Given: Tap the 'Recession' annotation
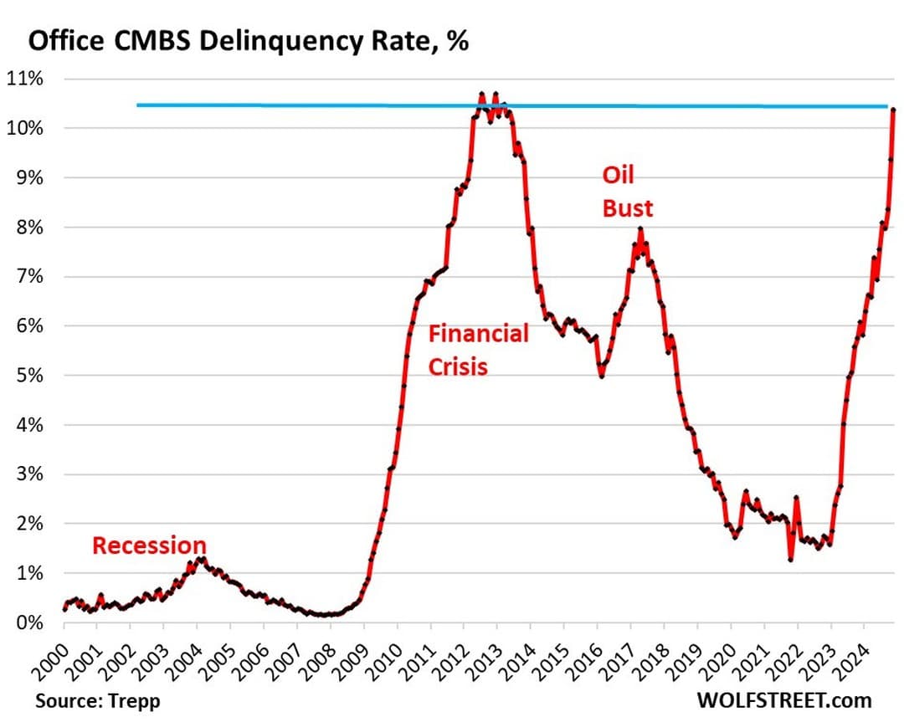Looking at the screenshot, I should pos(148,545).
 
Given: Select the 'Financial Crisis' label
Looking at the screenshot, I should pos(478,350).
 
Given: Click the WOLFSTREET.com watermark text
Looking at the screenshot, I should pos(785,699).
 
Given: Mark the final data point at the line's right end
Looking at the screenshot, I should pos(893,110).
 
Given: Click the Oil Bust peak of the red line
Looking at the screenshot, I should pos(640,228).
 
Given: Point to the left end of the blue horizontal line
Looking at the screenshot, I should pos(138,105).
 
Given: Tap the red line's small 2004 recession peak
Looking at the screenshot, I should pos(198,558).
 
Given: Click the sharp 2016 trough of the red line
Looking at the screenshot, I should pos(601,376).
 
